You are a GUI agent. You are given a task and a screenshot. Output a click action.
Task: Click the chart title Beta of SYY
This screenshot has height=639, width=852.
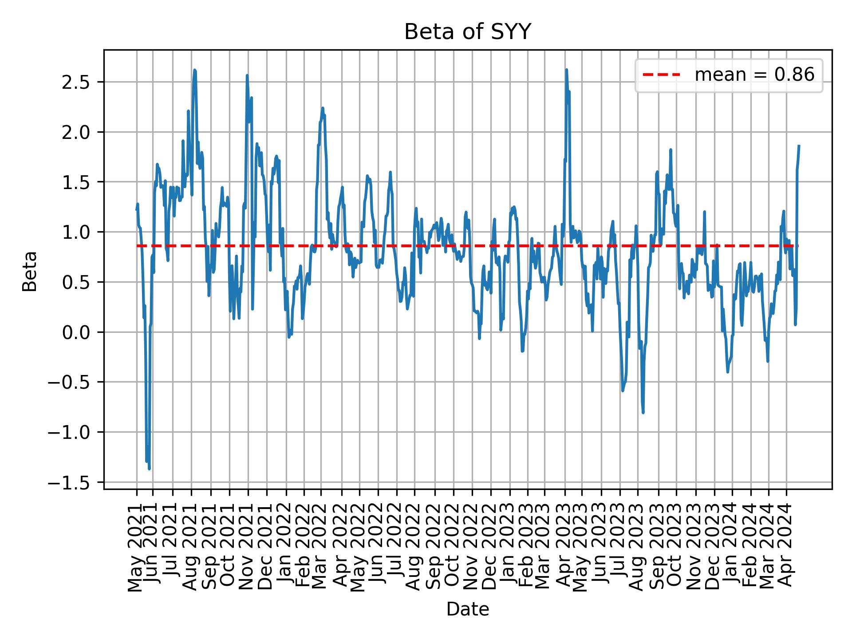467,32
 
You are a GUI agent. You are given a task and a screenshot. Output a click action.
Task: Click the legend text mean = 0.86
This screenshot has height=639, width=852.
754,75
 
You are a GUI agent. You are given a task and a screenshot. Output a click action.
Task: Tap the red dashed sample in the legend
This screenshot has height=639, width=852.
661,75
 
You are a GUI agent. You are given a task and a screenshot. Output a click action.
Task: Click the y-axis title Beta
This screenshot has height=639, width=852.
30,271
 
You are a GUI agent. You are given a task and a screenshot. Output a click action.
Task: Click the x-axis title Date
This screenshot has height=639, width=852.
467,610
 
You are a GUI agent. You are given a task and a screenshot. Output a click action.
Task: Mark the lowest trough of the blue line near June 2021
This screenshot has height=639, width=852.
149,469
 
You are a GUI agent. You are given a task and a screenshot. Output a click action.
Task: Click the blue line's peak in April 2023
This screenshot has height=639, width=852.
566,70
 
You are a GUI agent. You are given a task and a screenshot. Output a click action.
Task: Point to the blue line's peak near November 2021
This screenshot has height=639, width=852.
247,75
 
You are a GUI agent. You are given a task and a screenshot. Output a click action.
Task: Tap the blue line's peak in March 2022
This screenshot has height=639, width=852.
323,108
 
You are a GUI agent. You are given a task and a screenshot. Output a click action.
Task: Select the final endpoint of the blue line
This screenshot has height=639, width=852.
799,146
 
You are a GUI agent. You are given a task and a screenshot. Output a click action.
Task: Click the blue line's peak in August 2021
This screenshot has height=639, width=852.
194,70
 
